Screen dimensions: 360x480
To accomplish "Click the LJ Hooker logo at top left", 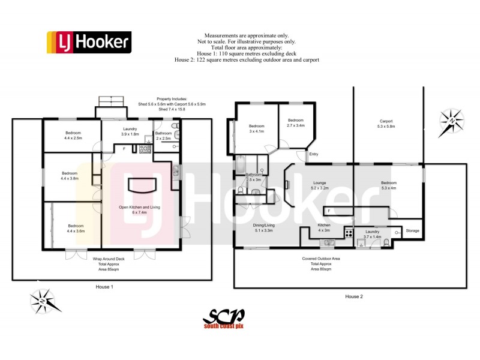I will tap(88, 42).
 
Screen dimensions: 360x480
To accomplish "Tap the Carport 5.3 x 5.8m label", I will tap(386, 124).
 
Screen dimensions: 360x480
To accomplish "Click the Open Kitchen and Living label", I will tap(139, 210).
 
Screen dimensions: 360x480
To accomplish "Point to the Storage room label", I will tap(412, 230).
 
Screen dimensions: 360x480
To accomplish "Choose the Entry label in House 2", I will tap(313, 154).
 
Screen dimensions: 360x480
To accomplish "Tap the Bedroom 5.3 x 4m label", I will tap(388, 185).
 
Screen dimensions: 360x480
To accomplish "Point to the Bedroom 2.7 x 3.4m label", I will tap(296, 123).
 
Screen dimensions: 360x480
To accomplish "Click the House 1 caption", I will tap(104, 287).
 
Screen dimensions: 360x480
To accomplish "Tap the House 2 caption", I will tap(353, 296).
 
